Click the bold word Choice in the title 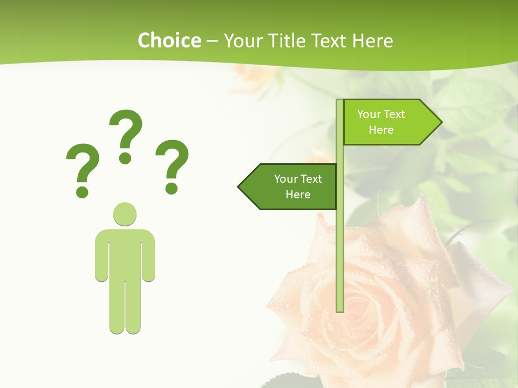point(169,41)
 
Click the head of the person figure point(125,214)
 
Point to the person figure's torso point(125,253)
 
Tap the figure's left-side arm point(101,256)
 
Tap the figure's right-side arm point(148,256)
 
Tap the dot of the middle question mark point(125,158)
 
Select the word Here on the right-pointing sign point(381,130)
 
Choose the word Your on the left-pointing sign point(286,179)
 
